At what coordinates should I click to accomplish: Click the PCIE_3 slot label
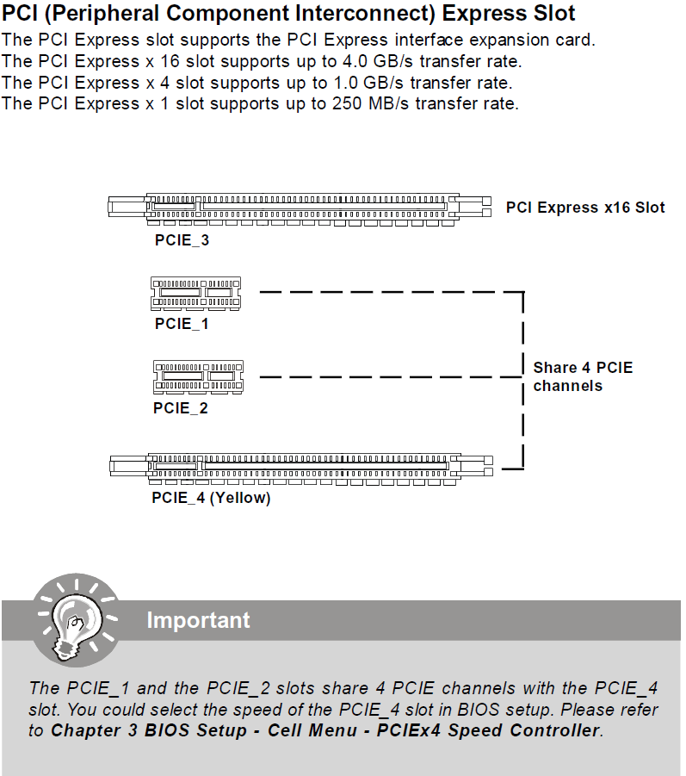point(182,240)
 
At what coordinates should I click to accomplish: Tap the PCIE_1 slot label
point(182,324)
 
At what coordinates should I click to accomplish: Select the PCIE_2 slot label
point(181,407)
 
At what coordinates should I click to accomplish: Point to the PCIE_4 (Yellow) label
point(211,498)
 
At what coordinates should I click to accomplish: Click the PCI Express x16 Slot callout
point(585,208)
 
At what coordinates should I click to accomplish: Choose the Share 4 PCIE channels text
point(582,376)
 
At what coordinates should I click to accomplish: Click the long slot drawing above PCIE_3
point(300,208)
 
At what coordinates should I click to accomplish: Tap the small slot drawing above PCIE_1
point(196,293)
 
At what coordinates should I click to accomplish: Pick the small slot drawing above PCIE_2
point(197,376)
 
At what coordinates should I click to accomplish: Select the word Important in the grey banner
point(198,620)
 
